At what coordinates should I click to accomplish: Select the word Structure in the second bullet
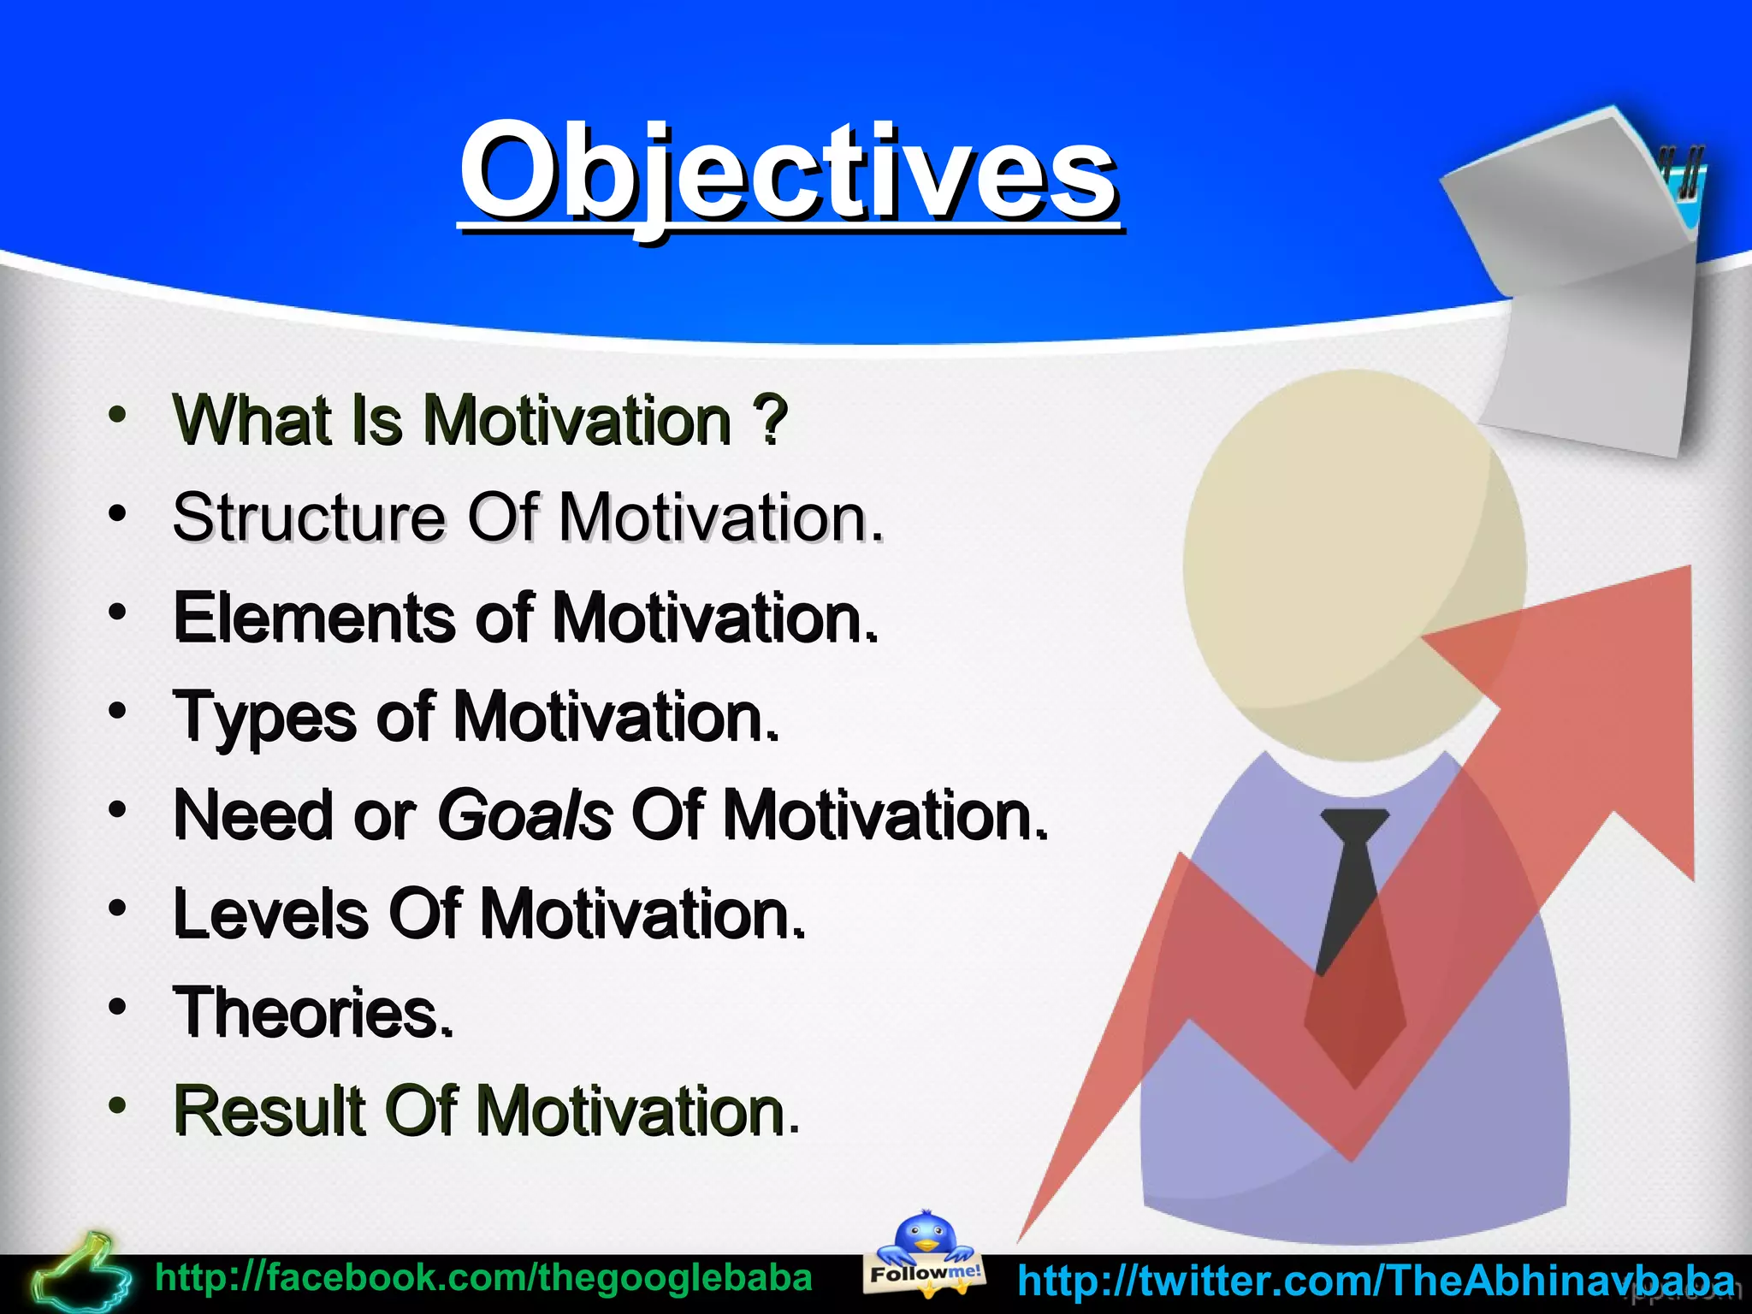pos(308,518)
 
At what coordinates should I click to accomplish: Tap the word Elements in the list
pos(314,618)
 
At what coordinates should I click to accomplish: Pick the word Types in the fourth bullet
pos(264,717)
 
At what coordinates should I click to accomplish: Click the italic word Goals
pos(524,815)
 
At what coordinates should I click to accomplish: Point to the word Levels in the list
pos(270,914)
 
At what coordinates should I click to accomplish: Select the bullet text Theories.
pos(313,1013)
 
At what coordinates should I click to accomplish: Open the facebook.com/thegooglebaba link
pos(483,1278)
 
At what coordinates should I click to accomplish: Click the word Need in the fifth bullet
pos(252,815)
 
